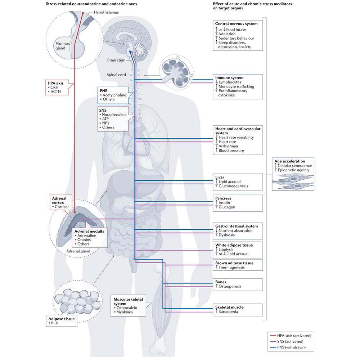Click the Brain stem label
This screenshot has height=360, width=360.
(x=116, y=60)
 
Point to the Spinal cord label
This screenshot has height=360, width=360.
(x=116, y=75)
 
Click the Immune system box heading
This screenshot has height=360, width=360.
(x=229, y=78)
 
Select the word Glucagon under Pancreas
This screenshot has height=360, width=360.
(x=227, y=207)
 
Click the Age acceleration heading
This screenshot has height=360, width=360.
(x=290, y=161)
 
